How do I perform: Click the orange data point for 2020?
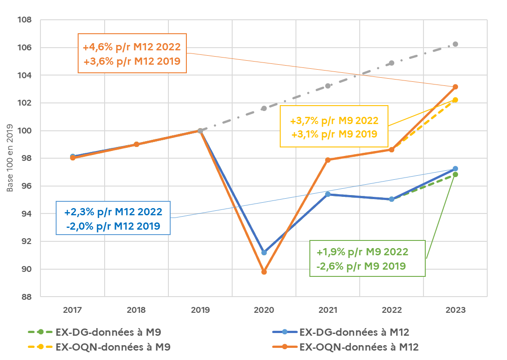tap(264, 272)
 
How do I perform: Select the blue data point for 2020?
tap(264, 253)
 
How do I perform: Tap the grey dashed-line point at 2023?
tap(455, 44)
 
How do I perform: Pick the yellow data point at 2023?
tap(455, 100)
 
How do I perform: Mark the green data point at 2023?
tap(455, 174)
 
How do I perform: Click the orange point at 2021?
tap(328, 160)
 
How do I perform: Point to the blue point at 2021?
tap(328, 194)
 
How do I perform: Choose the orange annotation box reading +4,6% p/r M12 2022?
tap(132, 53)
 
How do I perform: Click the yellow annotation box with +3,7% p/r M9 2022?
tap(334, 127)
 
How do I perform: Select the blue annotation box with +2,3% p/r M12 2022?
tap(113, 218)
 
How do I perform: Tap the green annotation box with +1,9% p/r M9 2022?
tap(368, 258)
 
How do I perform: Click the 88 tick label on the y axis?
tap(26, 297)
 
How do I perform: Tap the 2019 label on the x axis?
tap(200, 310)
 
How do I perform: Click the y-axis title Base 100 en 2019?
tap(9, 158)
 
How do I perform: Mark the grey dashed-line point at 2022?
tap(392, 63)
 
